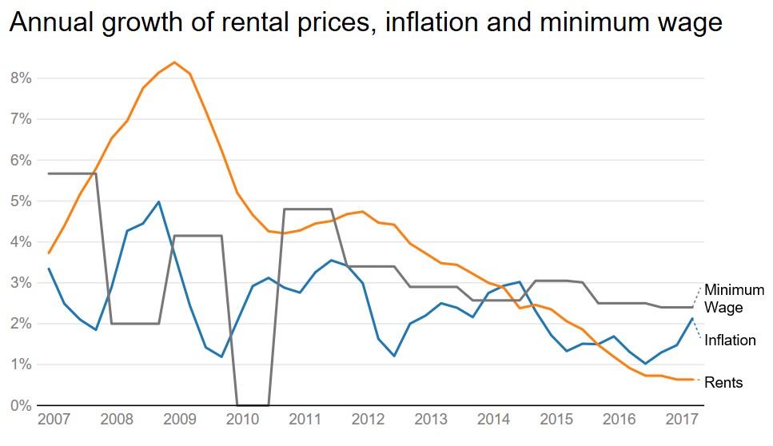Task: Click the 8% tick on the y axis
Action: click(x=21, y=78)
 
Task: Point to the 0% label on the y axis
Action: click(x=21, y=405)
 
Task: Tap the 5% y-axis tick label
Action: click(x=21, y=201)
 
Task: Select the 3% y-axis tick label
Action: click(x=21, y=283)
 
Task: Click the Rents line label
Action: click(x=723, y=383)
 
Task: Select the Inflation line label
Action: click(x=730, y=340)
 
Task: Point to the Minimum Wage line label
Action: click(x=734, y=298)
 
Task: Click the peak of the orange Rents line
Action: click(x=174, y=62)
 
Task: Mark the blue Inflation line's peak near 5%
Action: click(x=159, y=202)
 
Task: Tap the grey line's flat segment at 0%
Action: click(x=253, y=404)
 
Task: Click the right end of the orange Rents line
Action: click(x=692, y=379)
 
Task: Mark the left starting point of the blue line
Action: click(x=49, y=269)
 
